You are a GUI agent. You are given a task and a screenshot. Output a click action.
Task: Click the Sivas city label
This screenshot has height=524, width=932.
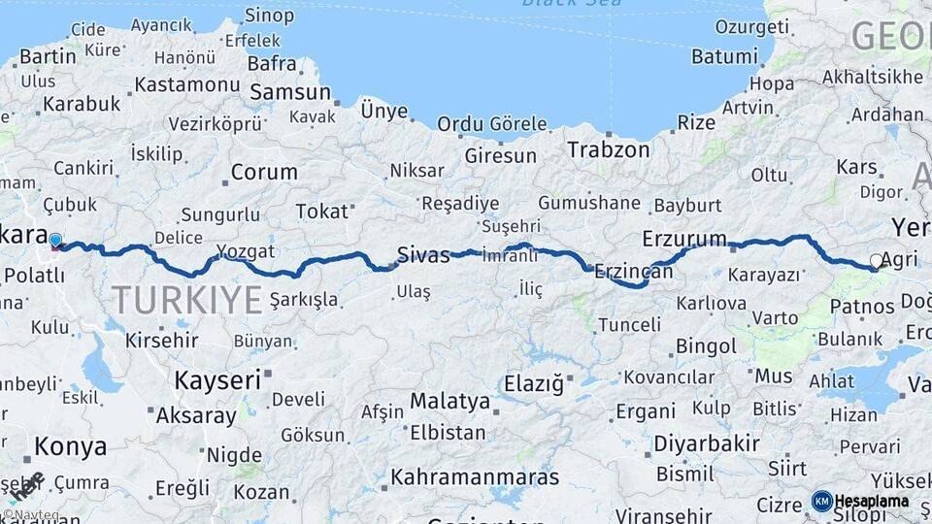(x=423, y=256)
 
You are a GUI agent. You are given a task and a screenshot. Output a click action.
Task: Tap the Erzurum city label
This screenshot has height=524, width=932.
(x=684, y=239)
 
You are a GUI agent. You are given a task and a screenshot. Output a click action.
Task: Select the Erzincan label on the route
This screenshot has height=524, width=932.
(x=633, y=273)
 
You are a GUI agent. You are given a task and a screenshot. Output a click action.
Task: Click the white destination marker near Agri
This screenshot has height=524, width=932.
(x=877, y=261)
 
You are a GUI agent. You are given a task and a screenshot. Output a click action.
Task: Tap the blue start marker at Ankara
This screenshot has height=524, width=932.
(x=55, y=240)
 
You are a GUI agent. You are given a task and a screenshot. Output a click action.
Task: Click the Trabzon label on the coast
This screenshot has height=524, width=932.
(x=608, y=149)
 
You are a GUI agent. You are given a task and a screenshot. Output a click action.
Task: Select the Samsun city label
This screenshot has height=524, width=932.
(x=290, y=93)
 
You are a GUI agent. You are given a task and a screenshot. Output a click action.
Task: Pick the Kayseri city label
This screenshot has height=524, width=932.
(x=217, y=379)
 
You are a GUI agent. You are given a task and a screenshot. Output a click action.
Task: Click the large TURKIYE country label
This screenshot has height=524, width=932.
(x=186, y=300)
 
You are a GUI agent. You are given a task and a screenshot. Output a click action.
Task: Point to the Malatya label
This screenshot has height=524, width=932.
(x=449, y=401)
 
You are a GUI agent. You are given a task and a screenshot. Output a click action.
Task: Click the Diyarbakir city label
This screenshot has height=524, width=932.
(x=706, y=443)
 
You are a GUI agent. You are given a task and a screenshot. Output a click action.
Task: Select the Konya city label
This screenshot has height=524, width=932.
(x=71, y=447)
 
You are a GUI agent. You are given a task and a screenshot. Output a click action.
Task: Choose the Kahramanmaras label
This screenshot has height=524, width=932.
(x=475, y=477)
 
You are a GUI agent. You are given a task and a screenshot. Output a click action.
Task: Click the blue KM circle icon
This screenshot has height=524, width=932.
(x=822, y=502)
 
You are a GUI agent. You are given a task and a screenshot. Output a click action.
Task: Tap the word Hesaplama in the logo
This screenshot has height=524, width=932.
(x=872, y=502)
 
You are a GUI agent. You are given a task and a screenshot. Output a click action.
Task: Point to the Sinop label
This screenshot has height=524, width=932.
(x=269, y=15)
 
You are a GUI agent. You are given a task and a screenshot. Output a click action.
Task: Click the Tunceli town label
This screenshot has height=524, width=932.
(x=629, y=324)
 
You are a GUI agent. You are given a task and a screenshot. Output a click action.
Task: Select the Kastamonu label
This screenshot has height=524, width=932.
(x=186, y=84)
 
